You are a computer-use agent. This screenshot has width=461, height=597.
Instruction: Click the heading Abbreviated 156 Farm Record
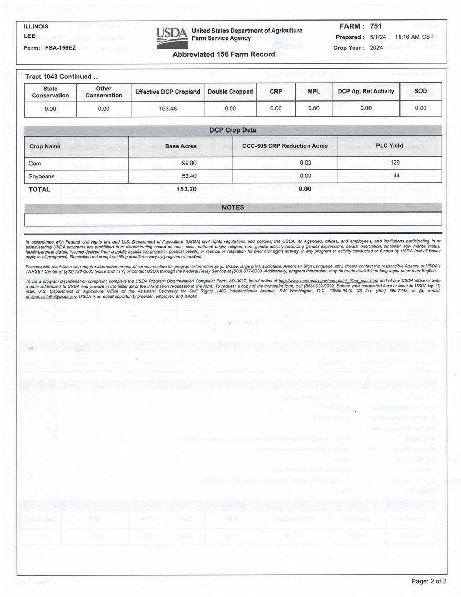click(224, 54)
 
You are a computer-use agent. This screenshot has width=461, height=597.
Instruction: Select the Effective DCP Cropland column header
click(168, 92)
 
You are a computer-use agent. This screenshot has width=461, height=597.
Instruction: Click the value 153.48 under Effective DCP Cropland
click(168, 109)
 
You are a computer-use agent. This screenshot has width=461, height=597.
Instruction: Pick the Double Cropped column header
click(230, 92)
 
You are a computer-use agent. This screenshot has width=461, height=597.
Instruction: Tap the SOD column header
click(421, 92)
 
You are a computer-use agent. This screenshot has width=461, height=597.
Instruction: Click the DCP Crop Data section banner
click(233, 130)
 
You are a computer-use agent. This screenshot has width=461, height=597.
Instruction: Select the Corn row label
click(35, 164)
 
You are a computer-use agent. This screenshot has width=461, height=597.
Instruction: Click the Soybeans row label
click(42, 176)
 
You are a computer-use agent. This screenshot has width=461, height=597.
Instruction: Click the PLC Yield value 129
click(396, 163)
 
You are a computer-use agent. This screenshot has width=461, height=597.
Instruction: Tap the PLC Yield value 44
click(396, 176)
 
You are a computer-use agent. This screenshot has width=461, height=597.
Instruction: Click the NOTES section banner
click(233, 207)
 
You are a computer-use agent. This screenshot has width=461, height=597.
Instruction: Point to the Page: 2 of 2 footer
click(429, 581)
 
